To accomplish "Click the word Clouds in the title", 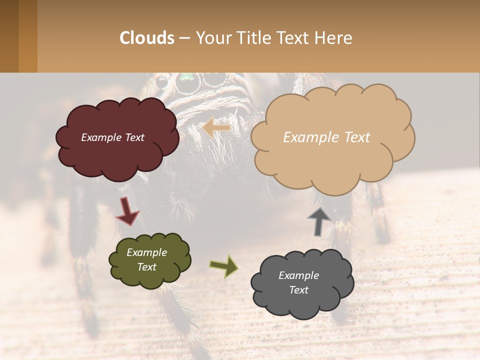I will coord(147,38).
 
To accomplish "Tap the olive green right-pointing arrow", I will coord(223,266).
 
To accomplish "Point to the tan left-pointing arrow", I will coord(216,128).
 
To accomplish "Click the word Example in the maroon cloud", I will coord(100,137).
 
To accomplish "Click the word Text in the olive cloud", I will coord(147,267).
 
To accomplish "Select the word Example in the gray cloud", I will coord(298,275).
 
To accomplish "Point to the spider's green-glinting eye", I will coord(186,78).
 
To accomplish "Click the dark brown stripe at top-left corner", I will coord(9,36).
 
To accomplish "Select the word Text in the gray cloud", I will coord(298,290).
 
